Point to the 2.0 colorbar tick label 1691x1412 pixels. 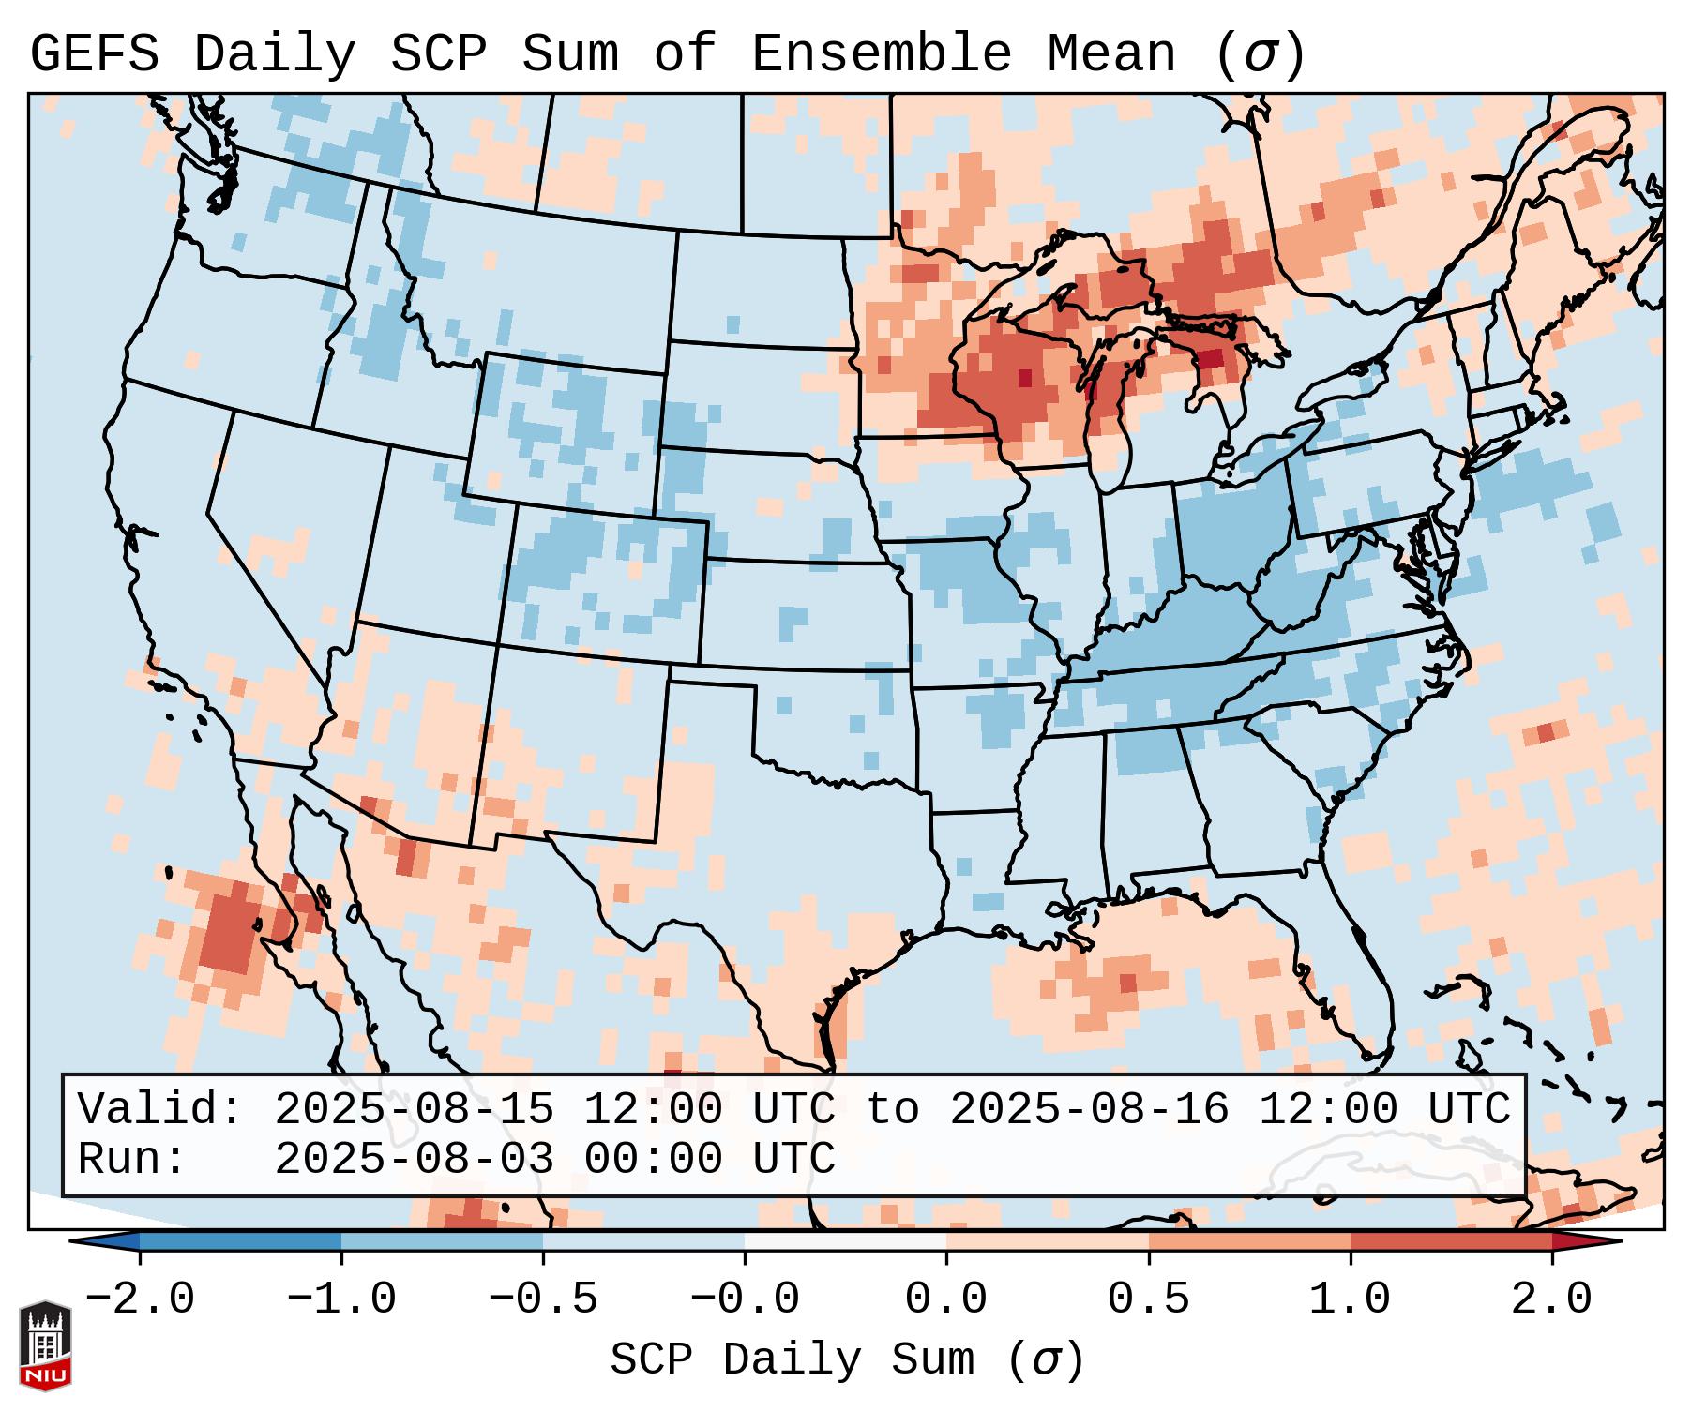click(1551, 1299)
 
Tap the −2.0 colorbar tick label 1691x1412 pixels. click(140, 1299)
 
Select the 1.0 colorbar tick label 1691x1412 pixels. click(1350, 1299)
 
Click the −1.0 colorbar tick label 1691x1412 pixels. click(341, 1299)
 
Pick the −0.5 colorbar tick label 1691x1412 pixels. click(543, 1299)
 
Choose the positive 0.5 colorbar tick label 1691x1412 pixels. click(1148, 1299)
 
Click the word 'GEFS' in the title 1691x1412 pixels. click(95, 53)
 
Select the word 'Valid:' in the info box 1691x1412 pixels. click(160, 1109)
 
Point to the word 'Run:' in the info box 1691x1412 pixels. click(132, 1159)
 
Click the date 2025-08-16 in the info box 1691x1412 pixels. click(1089, 1109)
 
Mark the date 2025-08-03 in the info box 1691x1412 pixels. click(414, 1159)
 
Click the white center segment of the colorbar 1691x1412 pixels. click(845, 1242)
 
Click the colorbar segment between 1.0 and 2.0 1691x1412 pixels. click(1451, 1242)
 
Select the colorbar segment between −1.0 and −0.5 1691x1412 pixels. click(442, 1242)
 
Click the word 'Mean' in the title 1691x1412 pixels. click(1111, 53)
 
